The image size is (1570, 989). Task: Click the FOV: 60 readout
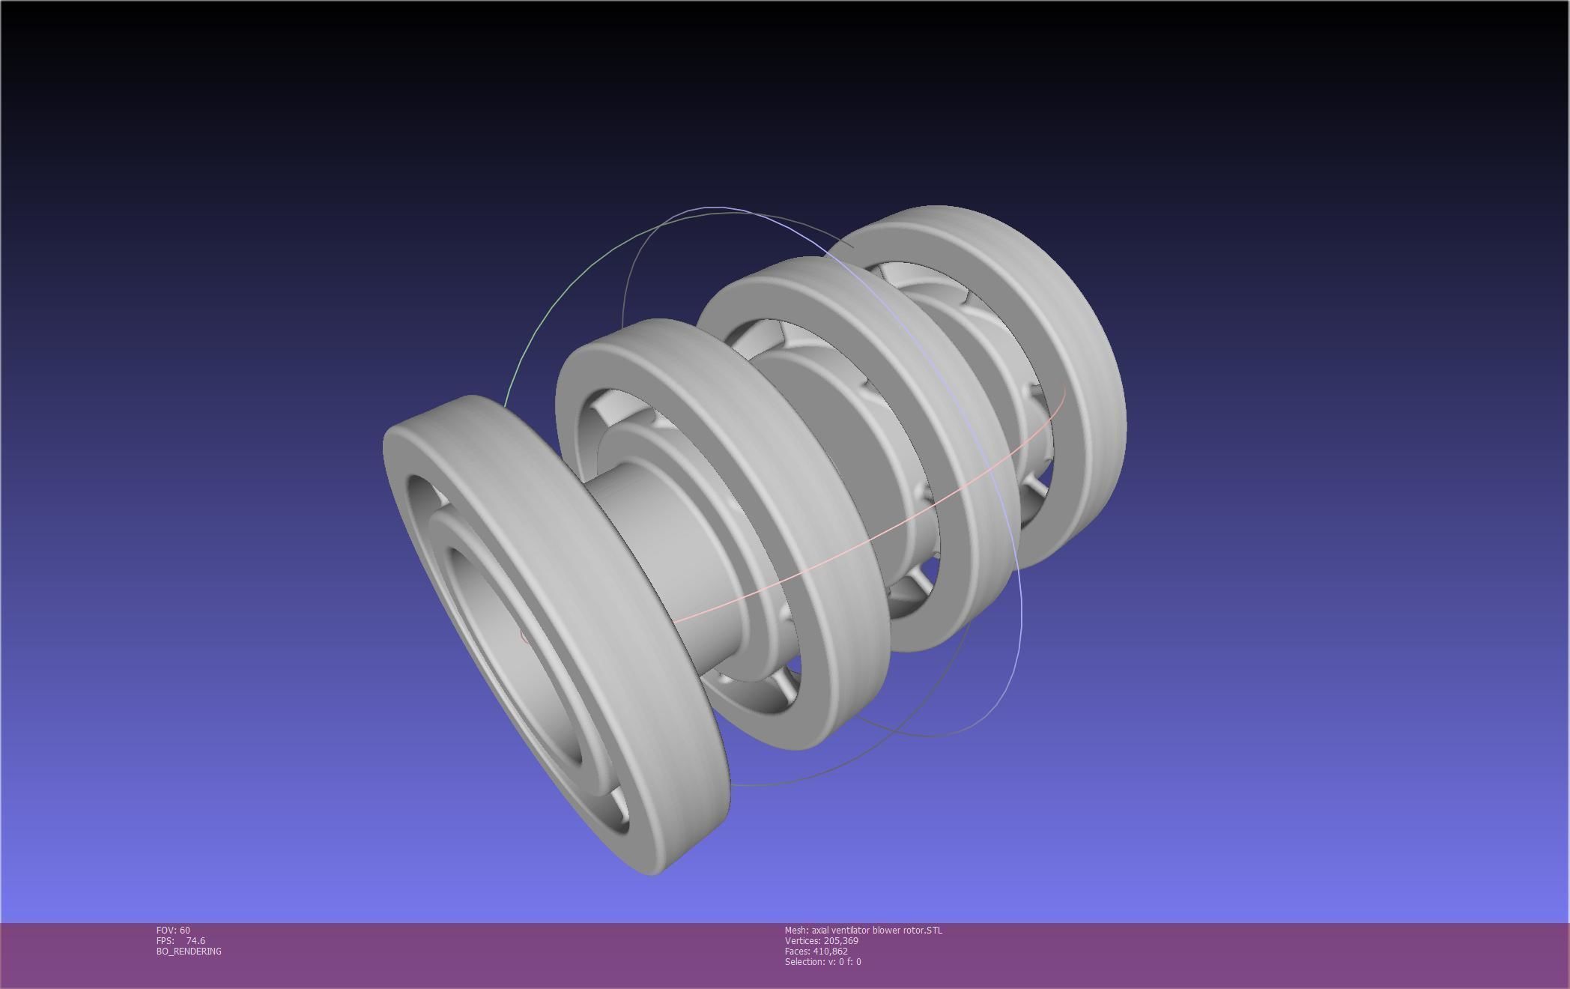click(173, 930)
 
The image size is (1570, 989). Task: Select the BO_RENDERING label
click(189, 951)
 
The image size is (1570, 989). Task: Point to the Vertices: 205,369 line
click(821, 940)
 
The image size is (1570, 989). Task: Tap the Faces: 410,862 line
click(816, 951)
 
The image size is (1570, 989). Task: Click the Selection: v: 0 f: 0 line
click(822, 961)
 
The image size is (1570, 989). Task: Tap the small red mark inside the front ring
click(523, 636)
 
